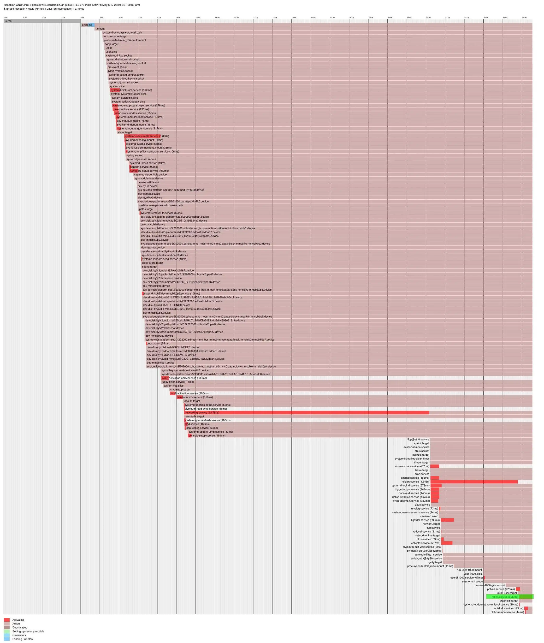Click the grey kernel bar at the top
coord(42,21)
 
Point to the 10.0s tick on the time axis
coord(198,18)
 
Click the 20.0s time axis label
coord(390,18)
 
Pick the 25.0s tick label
coord(486,18)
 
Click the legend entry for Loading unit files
coord(22,639)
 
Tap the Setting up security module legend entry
coord(28,631)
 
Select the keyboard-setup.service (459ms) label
coord(149,171)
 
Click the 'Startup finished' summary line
coord(44,9)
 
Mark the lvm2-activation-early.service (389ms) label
coord(184,378)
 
